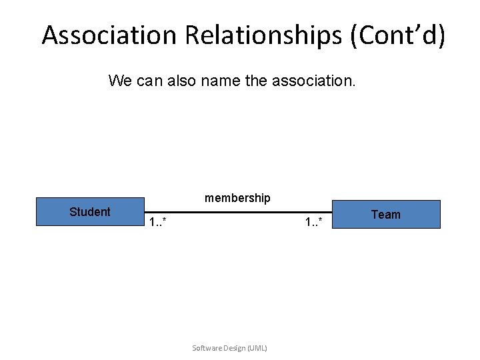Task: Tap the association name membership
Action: [237, 198]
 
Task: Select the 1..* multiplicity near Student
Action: [158, 222]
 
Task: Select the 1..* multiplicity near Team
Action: [314, 222]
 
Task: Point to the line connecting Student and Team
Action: [237, 213]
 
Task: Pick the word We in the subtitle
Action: [119, 81]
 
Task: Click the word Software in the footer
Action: [207, 348]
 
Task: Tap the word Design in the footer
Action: [235, 348]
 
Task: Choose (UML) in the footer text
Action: [257, 348]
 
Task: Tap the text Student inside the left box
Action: [89, 212]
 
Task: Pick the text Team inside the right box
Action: [385, 215]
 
